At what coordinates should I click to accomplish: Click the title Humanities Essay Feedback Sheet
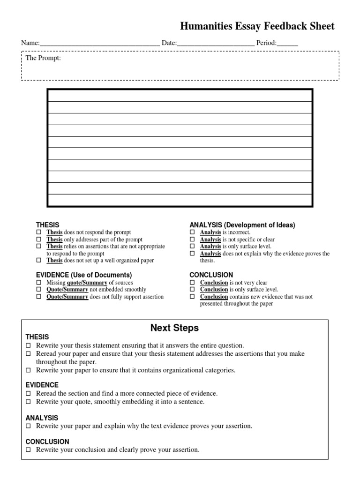257,26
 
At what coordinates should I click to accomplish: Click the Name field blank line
100,44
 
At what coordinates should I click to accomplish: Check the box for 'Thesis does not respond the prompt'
39,232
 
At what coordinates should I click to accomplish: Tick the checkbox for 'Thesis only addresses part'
39,240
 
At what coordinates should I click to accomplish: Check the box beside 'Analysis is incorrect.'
192,232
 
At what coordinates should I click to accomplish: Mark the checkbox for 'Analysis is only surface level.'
192,247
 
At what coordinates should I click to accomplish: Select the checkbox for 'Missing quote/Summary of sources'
39,283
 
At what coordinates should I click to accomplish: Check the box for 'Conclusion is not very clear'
192,283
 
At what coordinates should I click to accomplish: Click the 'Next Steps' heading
174,328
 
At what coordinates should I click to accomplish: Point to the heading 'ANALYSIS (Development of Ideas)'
242,225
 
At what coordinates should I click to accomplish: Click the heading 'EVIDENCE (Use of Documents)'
84,275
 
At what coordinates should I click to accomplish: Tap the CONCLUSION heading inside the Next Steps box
47,442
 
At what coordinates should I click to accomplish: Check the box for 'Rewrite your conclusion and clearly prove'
29,450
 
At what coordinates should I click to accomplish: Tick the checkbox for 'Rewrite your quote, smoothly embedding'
29,402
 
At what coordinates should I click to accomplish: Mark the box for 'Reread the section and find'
29,394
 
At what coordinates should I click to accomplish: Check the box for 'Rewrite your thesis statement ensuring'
29,345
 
